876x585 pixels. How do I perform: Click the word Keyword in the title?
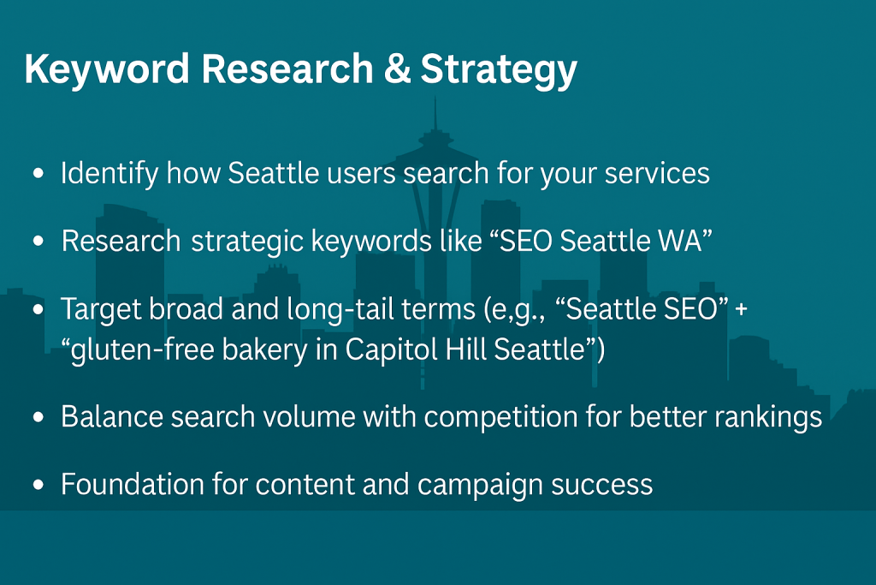[107, 69]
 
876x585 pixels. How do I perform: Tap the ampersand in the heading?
[397, 69]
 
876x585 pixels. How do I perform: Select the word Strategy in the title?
[499, 70]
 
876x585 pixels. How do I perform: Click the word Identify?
[109, 173]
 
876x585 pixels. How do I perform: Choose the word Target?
[101, 309]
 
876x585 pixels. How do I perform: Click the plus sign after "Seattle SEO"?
[742, 310]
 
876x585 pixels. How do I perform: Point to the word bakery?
[265, 350]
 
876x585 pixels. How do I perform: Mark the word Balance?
[112, 416]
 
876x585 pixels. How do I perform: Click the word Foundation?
[133, 484]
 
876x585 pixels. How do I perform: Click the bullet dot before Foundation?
[38, 484]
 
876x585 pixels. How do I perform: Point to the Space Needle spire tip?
[435, 98]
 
